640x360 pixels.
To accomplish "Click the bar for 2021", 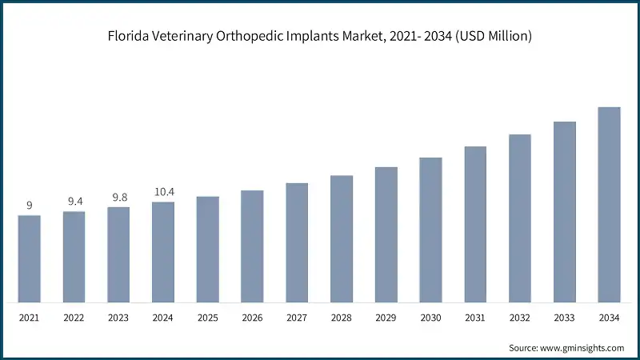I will (x=30, y=259).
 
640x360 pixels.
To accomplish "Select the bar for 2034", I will (x=609, y=205).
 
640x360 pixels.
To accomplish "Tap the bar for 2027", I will (x=297, y=243).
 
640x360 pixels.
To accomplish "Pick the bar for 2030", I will (x=430, y=230).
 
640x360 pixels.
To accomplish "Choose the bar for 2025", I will (x=208, y=250).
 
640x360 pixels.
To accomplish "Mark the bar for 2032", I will (x=520, y=218).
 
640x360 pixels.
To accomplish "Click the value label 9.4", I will (x=74, y=201).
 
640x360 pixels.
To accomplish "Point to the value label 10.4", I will (x=163, y=191).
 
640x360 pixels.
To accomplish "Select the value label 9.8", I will (x=118, y=197).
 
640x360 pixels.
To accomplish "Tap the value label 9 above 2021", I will (x=30, y=206).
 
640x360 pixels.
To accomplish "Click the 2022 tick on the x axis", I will (x=74, y=318).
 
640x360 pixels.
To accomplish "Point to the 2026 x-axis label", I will (x=252, y=318).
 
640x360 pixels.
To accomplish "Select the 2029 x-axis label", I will (x=386, y=318).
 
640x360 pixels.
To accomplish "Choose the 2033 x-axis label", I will (x=564, y=318).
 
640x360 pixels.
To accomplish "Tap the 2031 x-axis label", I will (x=475, y=318).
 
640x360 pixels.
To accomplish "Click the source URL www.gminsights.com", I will (x=583, y=348).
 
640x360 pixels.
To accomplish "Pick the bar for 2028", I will (x=342, y=239).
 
